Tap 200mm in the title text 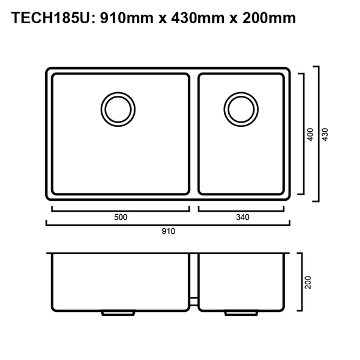pyautogui.click(x=266, y=18)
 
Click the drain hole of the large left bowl pyautogui.click(x=118, y=109)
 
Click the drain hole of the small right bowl pyautogui.click(x=240, y=109)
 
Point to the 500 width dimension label pyautogui.click(x=120, y=217)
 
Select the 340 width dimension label pyautogui.click(x=241, y=217)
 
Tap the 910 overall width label pyautogui.click(x=168, y=231)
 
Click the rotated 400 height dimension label pyautogui.click(x=311, y=134)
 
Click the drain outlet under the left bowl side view pyautogui.click(x=117, y=313)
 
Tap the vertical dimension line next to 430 pyautogui.click(x=318, y=134)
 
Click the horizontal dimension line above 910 pyautogui.click(x=168, y=224)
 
